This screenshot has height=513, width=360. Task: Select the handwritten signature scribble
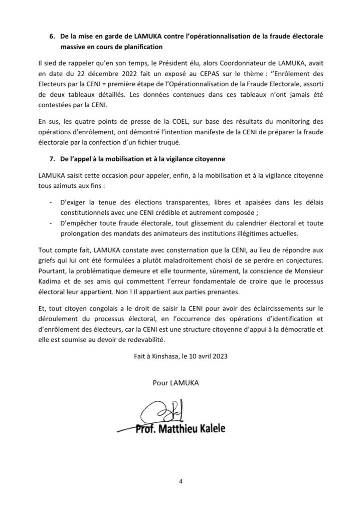(162, 413)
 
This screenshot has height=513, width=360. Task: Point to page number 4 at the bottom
(180, 481)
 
